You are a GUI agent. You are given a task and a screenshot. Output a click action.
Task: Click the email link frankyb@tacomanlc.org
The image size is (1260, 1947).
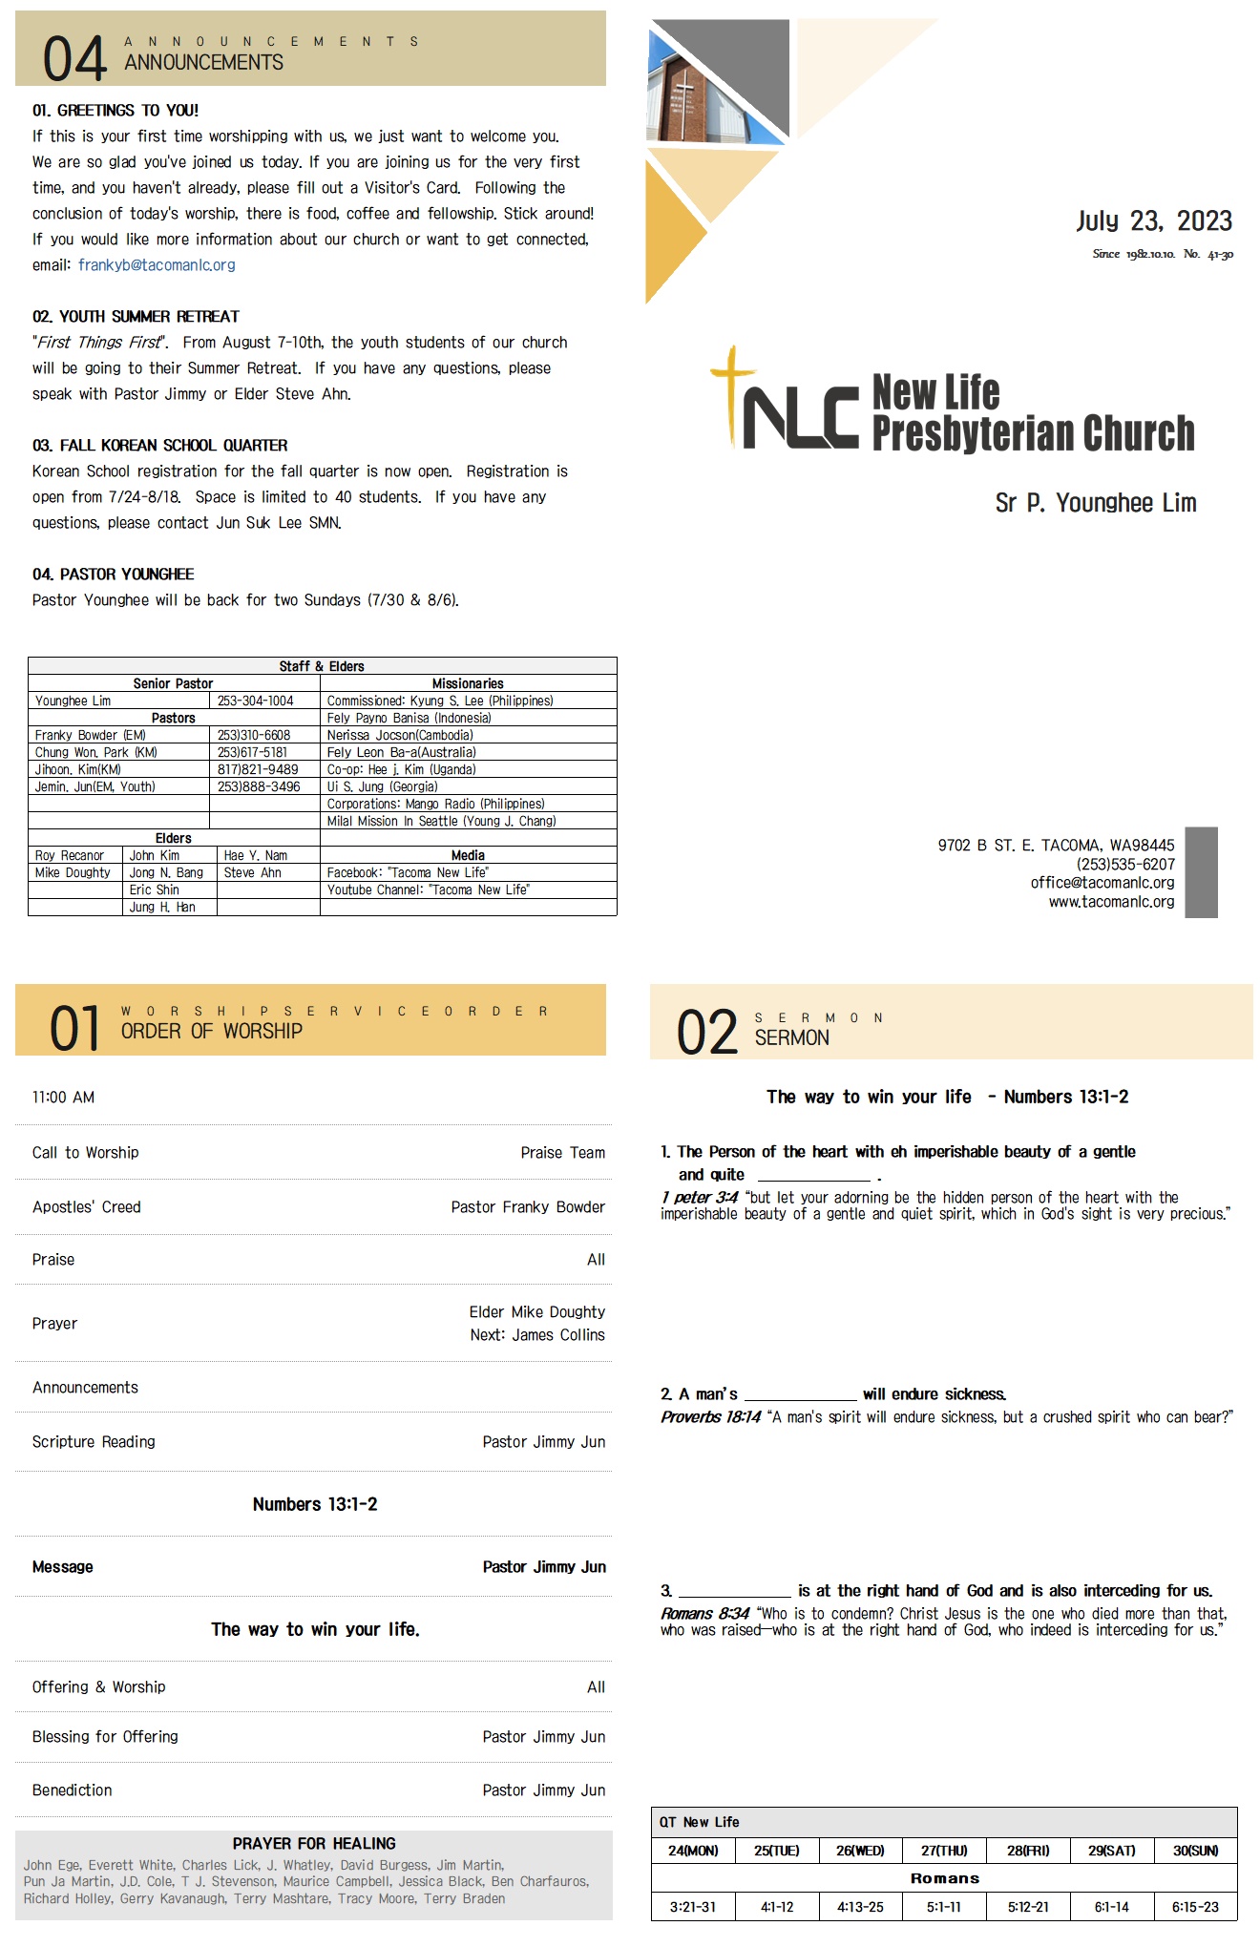tap(157, 265)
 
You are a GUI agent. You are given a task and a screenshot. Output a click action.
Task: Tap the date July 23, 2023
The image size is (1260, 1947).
tap(1154, 221)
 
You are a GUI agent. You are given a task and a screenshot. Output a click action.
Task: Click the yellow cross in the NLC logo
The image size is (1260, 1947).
tap(732, 391)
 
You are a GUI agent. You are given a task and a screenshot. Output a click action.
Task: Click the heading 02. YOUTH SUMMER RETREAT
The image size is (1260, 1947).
tap(136, 317)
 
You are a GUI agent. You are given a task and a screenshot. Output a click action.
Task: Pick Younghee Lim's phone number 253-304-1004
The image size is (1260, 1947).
tap(255, 701)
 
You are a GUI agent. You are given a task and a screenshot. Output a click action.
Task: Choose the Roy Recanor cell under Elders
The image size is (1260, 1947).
tap(70, 855)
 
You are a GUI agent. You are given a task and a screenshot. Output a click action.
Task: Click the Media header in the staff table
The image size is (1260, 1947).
tap(468, 855)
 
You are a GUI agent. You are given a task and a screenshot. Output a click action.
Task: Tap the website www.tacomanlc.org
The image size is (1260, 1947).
tap(1111, 902)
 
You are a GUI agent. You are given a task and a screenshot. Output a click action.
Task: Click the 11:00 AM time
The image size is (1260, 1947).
tap(63, 1098)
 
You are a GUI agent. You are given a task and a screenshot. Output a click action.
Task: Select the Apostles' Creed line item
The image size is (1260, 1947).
tap(87, 1207)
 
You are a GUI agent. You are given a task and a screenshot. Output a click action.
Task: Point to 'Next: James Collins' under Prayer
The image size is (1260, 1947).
tap(537, 1335)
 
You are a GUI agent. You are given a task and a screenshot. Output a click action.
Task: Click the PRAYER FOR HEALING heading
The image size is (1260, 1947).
tap(314, 1843)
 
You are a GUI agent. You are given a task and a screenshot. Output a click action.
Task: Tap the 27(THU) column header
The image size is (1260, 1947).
tap(944, 1851)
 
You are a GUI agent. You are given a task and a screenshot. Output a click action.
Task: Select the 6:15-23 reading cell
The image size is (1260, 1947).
tap(1195, 1907)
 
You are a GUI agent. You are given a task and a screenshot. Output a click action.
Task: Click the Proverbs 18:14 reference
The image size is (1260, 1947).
tap(710, 1417)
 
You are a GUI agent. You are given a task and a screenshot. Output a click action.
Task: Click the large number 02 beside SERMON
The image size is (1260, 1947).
tap(707, 1033)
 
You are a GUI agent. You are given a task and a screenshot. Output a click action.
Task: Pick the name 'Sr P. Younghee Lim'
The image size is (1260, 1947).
tap(1096, 503)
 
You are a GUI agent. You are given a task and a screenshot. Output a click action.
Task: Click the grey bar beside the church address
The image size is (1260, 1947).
tap(1201, 872)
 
